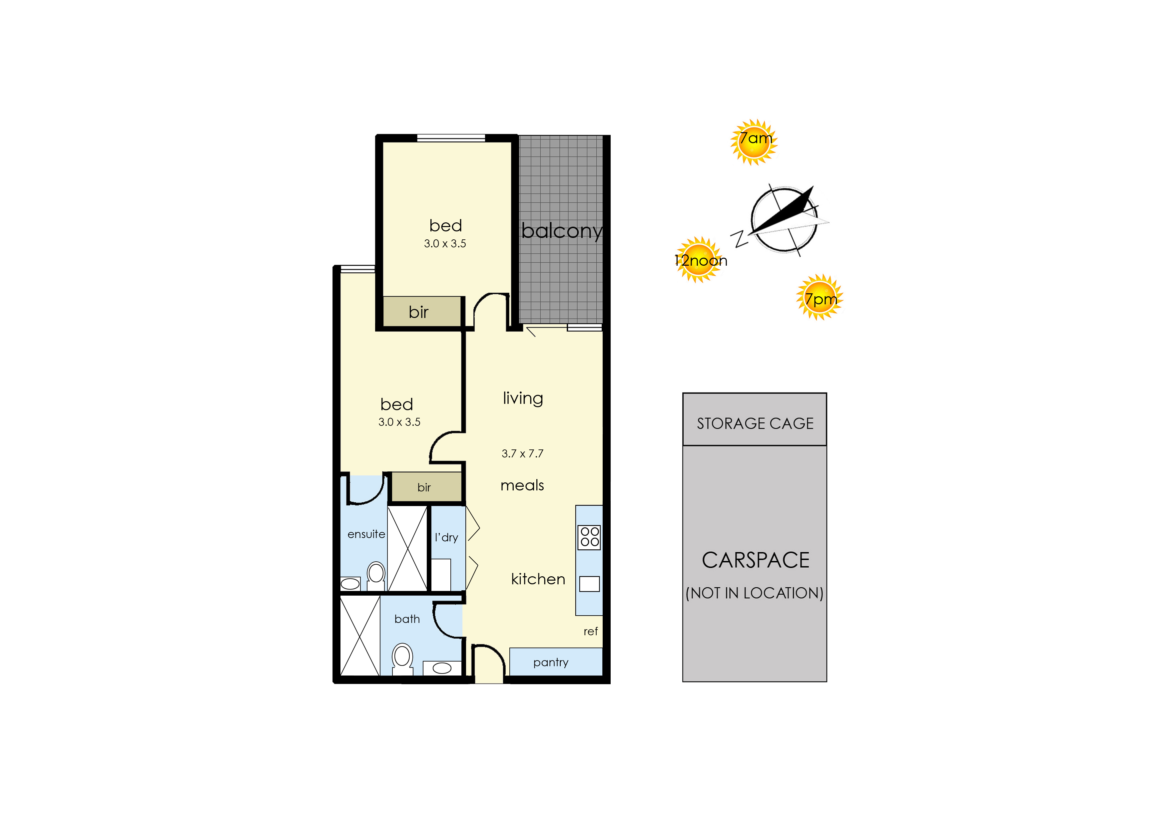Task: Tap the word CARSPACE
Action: tap(755, 560)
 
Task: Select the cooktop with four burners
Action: tap(589, 537)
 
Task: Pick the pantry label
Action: tap(551, 662)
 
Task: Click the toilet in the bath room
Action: tap(402, 659)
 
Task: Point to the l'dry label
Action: tap(446, 538)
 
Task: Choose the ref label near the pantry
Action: tap(590, 631)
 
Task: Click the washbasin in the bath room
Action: tap(442, 668)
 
